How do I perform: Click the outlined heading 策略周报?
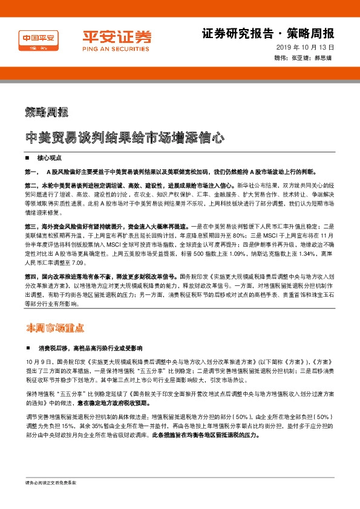[x=47, y=112]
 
